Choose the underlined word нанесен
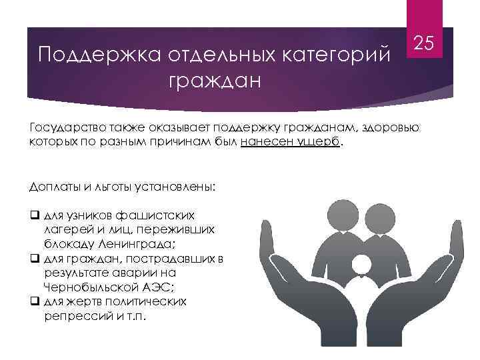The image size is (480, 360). [x=265, y=142]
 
